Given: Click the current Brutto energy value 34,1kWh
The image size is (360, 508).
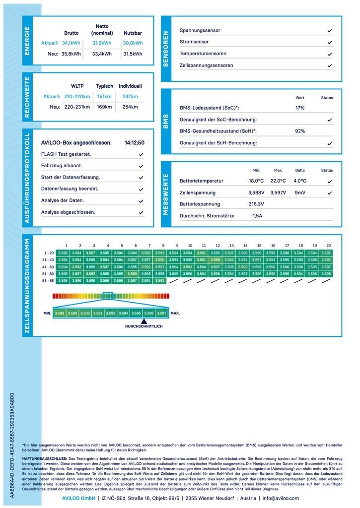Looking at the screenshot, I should [x=71, y=43].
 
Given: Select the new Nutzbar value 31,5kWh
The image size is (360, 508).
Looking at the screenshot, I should [x=133, y=54].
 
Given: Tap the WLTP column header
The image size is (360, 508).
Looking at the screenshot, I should [x=77, y=86].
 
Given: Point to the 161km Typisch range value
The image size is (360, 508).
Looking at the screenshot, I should [x=104, y=96].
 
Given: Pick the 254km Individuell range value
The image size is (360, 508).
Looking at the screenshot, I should [x=130, y=107].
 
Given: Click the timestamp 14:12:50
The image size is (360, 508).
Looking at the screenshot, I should [x=135, y=143].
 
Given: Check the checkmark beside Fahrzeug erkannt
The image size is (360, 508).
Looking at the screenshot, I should [x=141, y=166].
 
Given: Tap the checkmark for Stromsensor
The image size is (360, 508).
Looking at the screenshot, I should [x=330, y=42].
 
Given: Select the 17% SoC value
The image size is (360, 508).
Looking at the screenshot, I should [x=300, y=108].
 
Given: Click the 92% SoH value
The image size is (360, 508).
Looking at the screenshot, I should [x=300, y=131].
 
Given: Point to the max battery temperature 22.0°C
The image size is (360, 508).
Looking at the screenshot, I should [x=278, y=181].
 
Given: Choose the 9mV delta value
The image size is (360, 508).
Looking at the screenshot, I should [x=300, y=192].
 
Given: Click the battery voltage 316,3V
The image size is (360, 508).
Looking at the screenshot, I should [x=256, y=204].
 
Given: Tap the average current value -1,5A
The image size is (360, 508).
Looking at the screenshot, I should [x=256, y=216].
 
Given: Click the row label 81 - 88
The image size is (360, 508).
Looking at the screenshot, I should [x=49, y=280].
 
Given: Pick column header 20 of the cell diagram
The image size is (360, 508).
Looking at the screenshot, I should [x=328, y=246].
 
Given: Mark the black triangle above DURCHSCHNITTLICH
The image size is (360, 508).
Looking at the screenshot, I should [x=144, y=321].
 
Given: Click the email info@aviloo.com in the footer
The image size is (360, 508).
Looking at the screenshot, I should [x=281, y=498].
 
